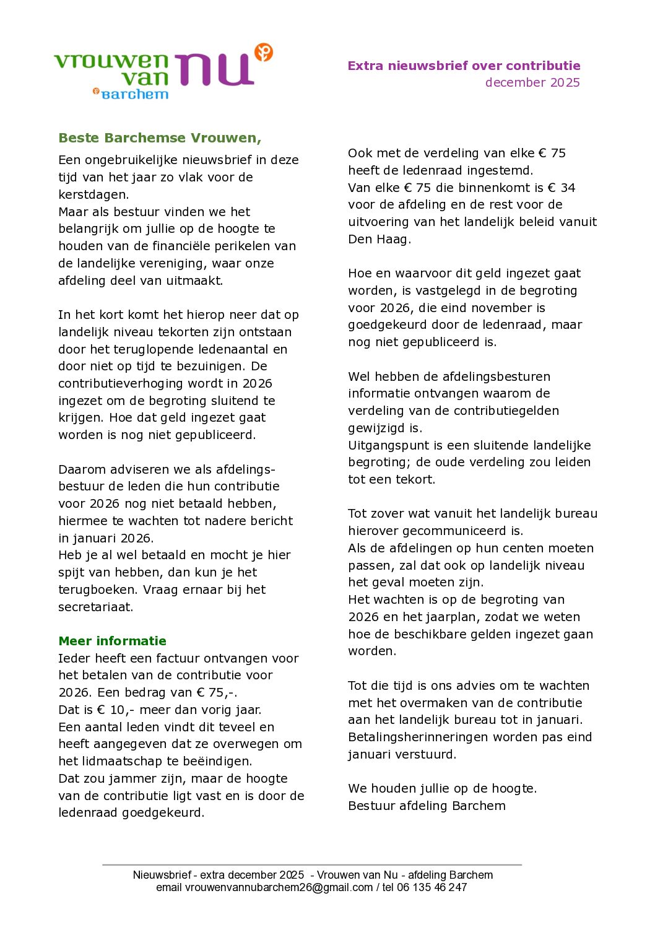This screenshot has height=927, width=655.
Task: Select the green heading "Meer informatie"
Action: [x=112, y=641]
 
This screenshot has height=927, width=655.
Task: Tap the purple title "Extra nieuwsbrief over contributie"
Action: [x=464, y=66]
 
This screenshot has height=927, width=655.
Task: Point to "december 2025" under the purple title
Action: [x=532, y=82]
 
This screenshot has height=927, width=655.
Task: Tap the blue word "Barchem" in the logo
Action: [x=135, y=94]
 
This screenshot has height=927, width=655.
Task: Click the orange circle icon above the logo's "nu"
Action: [x=264, y=52]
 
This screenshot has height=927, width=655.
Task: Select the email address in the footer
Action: [x=279, y=887]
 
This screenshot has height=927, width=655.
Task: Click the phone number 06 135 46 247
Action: [x=432, y=887]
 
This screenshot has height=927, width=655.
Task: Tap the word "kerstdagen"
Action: [x=92, y=194]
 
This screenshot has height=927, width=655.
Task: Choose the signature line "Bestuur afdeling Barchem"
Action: [x=427, y=806]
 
